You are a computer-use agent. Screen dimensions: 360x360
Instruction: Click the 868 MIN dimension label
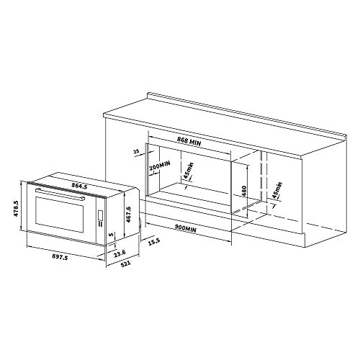[189, 141]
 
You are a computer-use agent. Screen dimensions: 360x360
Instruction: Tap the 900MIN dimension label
[186, 228]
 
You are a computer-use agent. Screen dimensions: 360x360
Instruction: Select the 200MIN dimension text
[160, 166]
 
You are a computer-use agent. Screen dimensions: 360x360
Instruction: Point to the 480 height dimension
[244, 192]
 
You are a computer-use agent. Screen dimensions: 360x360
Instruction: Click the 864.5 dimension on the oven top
[79, 186]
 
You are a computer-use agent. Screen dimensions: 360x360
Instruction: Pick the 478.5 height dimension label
[16, 209]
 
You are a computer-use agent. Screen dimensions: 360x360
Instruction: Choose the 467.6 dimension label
[128, 215]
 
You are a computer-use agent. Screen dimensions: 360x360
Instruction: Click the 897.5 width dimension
[60, 257]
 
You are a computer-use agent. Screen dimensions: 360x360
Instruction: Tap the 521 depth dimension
[125, 264]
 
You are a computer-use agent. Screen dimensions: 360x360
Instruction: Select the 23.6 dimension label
[120, 253]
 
